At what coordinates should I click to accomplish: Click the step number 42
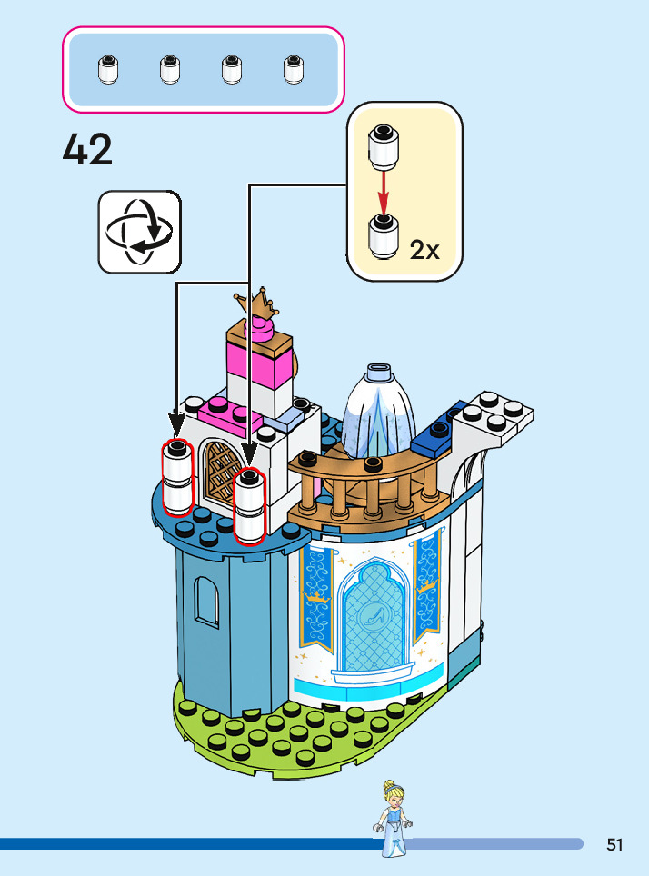pyautogui.click(x=88, y=150)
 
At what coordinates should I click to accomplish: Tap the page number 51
pyautogui.click(x=615, y=845)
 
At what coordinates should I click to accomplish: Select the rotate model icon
pyautogui.click(x=139, y=231)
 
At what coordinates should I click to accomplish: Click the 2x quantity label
pyautogui.click(x=424, y=250)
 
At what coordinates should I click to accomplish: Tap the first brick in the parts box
pyautogui.click(x=107, y=69)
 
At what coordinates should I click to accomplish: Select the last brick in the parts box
pyautogui.click(x=293, y=69)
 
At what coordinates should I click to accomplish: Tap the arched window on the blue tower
pyautogui.click(x=207, y=602)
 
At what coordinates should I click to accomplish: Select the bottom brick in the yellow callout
pyautogui.click(x=384, y=235)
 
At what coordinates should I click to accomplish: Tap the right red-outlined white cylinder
pyautogui.click(x=249, y=505)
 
